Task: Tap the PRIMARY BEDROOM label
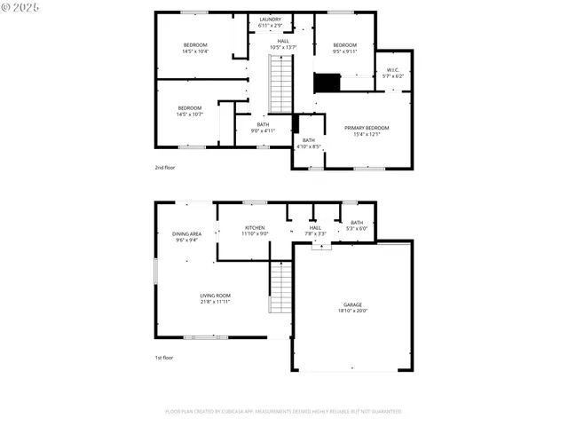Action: [x=367, y=128]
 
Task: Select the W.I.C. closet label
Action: [x=392, y=70]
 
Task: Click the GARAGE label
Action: [x=352, y=304]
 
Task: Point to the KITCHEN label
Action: [x=255, y=228]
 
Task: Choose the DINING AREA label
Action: [x=186, y=233]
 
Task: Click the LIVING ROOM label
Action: [x=215, y=296]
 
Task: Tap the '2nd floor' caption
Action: [x=165, y=166]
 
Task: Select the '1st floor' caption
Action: [x=164, y=358]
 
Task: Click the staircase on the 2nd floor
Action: [x=280, y=84]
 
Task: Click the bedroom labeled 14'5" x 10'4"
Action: [x=195, y=48]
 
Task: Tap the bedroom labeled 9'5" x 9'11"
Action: [x=344, y=48]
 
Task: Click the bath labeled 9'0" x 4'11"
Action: [x=262, y=127]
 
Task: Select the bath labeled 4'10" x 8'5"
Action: [x=308, y=143]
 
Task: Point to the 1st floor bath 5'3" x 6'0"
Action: [x=356, y=225]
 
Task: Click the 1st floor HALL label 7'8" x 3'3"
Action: [x=315, y=231]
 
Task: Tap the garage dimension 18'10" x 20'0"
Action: [x=352, y=311]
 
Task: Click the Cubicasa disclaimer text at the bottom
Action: [x=283, y=412]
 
